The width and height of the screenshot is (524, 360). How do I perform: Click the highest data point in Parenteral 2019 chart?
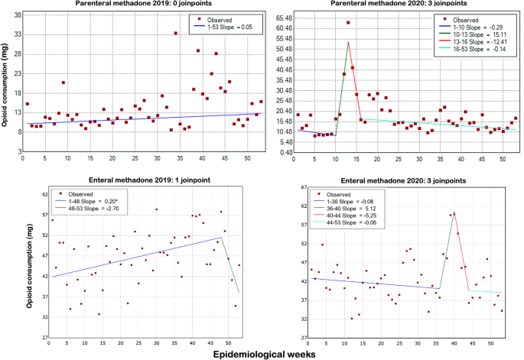pyautogui.click(x=175, y=33)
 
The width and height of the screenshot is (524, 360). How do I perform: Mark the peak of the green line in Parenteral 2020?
pyautogui.click(x=348, y=42)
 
